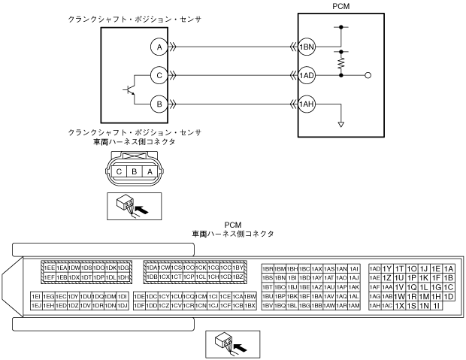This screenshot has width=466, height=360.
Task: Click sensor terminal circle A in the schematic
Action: tap(158, 47)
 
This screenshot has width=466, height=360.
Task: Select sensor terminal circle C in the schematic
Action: tap(158, 75)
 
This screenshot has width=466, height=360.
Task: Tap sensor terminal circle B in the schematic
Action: tap(158, 103)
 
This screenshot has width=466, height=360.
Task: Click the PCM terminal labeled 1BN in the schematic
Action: tap(307, 47)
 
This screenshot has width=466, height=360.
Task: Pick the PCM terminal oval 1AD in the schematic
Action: tap(307, 75)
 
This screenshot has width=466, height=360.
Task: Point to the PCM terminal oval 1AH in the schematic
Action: tap(307, 103)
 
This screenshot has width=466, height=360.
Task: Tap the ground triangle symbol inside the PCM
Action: tap(342, 123)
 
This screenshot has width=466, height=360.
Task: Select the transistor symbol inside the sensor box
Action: tap(131, 89)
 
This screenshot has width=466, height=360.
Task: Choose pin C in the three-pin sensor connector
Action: tap(119, 171)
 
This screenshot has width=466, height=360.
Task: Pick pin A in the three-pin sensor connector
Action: tap(150, 171)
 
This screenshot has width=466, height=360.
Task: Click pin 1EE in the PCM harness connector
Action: tap(48, 268)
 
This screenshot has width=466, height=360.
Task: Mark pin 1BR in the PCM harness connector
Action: tap(268, 268)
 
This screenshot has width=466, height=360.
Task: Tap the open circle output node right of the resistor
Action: tap(368, 75)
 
